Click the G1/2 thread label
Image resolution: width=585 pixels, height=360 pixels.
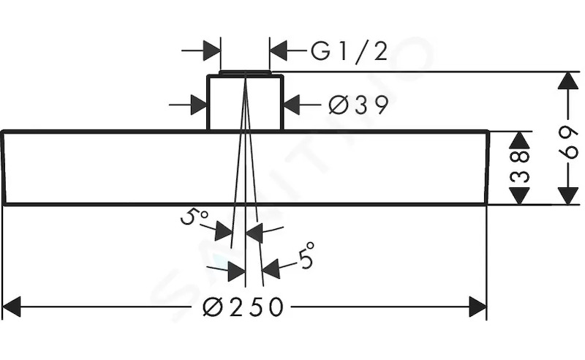click(x=349, y=52)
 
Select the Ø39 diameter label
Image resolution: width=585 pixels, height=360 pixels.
click(x=358, y=105)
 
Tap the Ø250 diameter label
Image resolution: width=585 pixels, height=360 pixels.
click(x=243, y=307)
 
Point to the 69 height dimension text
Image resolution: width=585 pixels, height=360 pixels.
click(x=568, y=142)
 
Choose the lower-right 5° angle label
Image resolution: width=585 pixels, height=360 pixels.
click(x=306, y=255)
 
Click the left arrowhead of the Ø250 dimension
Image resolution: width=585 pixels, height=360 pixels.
click(x=11, y=307)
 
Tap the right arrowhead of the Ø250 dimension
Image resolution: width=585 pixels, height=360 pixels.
click(x=478, y=307)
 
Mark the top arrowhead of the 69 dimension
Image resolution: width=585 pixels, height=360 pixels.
click(x=568, y=80)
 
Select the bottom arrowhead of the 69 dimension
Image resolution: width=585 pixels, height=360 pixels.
click(x=568, y=196)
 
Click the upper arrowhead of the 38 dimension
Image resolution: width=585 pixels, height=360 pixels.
click(x=520, y=140)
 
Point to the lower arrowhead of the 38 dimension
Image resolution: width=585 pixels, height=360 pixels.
click(x=520, y=196)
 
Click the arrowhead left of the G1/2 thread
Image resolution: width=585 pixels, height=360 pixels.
click(x=211, y=50)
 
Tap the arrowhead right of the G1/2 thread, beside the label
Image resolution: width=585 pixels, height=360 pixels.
click(x=279, y=50)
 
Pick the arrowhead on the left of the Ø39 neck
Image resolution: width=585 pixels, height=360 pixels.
click(x=199, y=105)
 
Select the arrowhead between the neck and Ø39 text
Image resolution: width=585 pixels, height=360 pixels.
click(x=292, y=105)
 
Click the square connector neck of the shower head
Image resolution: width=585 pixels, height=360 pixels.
click(x=245, y=102)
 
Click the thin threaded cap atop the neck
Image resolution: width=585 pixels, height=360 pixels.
click(x=244, y=72)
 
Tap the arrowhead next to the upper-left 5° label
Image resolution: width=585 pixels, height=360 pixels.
click(x=224, y=231)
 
